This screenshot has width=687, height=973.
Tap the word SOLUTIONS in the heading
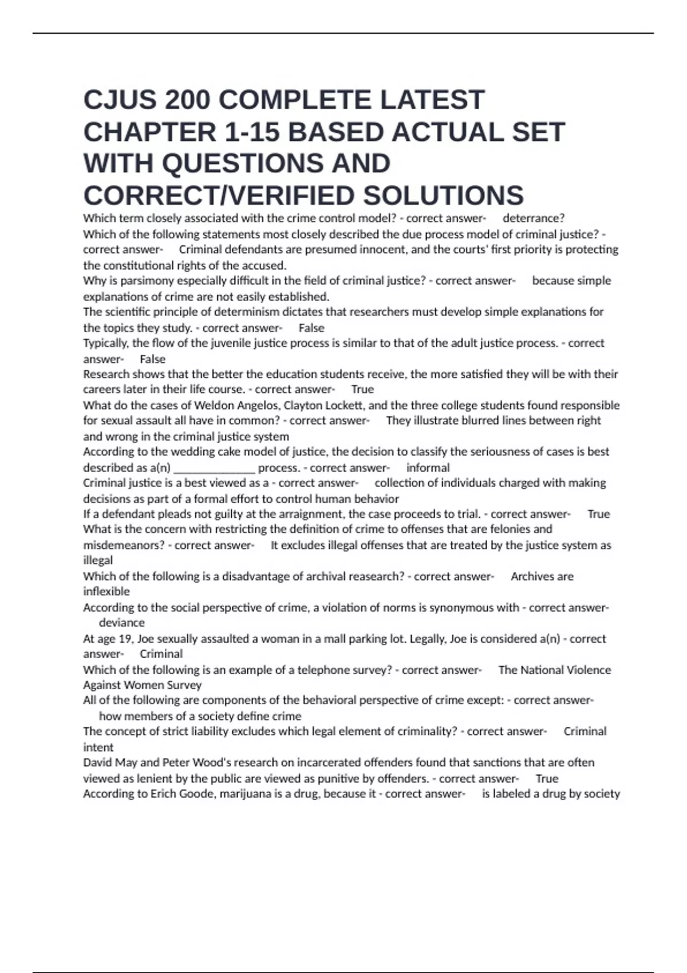pos(443,196)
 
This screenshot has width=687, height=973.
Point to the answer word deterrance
pos(532,218)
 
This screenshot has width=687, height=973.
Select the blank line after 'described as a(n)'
pos(214,468)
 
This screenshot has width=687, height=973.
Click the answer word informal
pos(428,468)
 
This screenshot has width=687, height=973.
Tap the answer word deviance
pos(122,623)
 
